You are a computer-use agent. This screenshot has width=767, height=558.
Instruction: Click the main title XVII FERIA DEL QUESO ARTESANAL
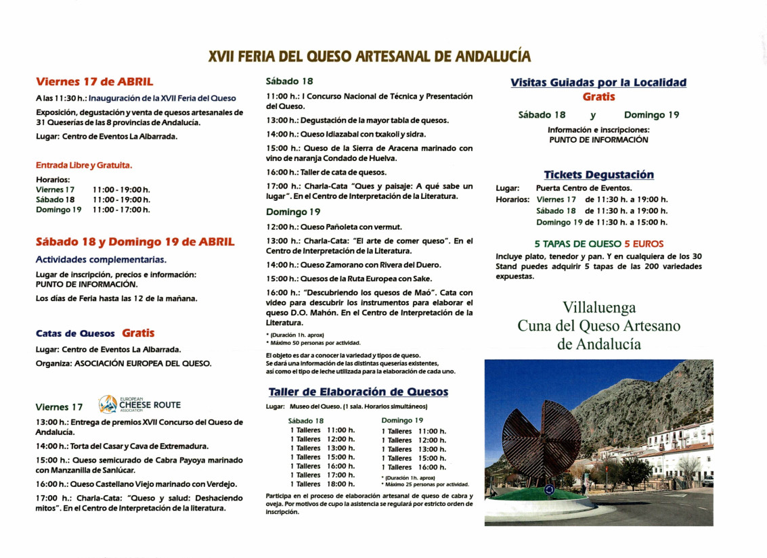pyautogui.click(x=369, y=57)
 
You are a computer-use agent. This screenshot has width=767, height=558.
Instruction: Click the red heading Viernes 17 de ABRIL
pyautogui.click(x=94, y=82)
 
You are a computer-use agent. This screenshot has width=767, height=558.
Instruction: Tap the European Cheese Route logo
pyautogui.click(x=140, y=404)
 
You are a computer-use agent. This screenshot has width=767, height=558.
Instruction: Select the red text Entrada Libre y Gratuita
pyautogui.click(x=84, y=164)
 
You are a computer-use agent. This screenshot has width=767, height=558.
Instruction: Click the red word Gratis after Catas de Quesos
pyautogui.click(x=138, y=333)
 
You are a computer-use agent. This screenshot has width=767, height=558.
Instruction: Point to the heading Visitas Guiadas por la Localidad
pyautogui.click(x=598, y=83)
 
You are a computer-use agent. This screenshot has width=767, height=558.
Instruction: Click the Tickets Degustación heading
pyautogui.click(x=598, y=175)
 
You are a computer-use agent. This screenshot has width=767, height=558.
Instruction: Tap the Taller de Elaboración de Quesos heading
pyautogui.click(x=358, y=392)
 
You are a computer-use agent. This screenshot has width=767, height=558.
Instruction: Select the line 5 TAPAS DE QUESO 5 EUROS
pyautogui.click(x=598, y=243)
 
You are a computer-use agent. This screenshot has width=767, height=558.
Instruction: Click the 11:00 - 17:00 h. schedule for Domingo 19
pyautogui.click(x=121, y=210)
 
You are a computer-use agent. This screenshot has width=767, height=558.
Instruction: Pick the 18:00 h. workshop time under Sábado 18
pyautogui.click(x=341, y=484)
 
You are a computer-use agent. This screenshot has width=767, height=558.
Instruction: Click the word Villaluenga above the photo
pyautogui.click(x=598, y=308)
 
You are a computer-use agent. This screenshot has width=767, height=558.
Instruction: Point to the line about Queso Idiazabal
pyautogui.click(x=346, y=134)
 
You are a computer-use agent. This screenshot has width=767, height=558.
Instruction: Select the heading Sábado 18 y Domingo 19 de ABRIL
pyautogui.click(x=135, y=241)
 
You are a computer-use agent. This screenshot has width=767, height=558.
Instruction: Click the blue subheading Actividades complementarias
pyautogui.click(x=101, y=259)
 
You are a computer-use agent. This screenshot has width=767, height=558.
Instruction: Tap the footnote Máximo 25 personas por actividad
pyautogui.click(x=426, y=484)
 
